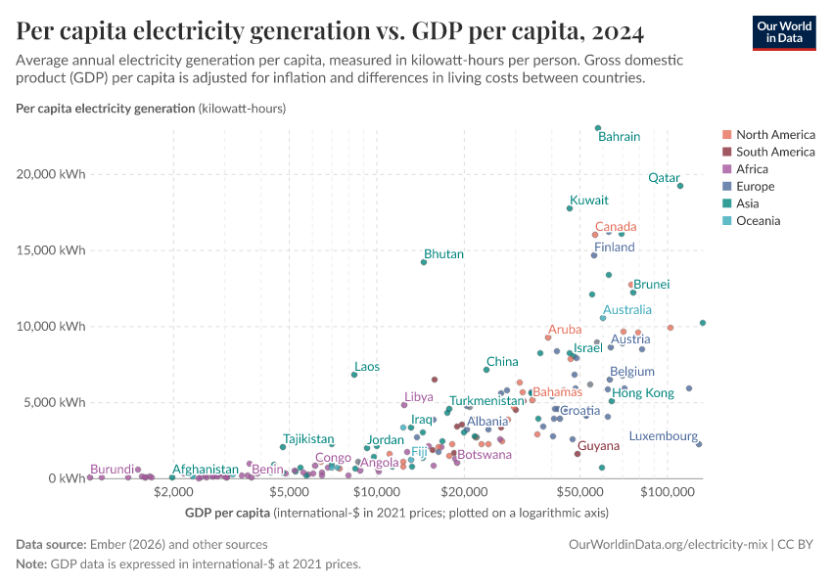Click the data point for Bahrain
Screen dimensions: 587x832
click(598, 128)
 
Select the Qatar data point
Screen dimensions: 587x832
click(680, 186)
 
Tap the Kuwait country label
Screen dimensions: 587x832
click(589, 200)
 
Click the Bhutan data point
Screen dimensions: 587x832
click(424, 262)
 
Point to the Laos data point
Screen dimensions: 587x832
click(354, 375)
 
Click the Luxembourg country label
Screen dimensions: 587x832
click(663, 436)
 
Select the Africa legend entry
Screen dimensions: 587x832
click(753, 169)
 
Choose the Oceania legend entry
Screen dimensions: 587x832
click(759, 221)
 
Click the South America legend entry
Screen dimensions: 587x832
click(774, 152)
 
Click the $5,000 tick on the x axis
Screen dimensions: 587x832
click(290, 489)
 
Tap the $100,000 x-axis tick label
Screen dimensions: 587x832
click(668, 489)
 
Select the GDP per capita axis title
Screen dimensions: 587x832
click(227, 513)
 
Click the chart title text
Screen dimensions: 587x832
click(330, 32)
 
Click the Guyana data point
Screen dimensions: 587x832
click(578, 454)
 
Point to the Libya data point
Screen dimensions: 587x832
click(404, 405)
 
